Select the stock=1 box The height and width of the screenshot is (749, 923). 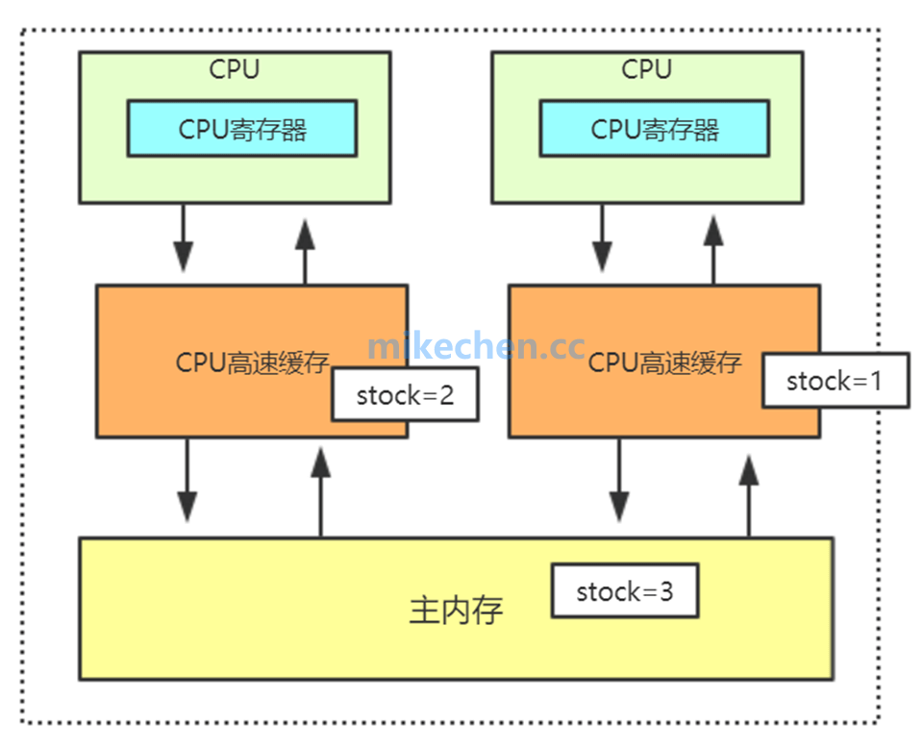[x=835, y=381]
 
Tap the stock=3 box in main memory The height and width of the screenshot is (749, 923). [x=624, y=591]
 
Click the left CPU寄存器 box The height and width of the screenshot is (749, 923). [x=242, y=129]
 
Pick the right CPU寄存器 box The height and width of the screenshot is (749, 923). [x=655, y=129]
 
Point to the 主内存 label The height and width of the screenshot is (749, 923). [x=456, y=611]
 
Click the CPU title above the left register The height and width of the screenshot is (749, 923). [x=235, y=69]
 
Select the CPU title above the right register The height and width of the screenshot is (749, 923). [x=647, y=69]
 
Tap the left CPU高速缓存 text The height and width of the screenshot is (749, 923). [x=253, y=362]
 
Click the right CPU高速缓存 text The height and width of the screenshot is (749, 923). [x=665, y=362]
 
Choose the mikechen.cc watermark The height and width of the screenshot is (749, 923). [x=477, y=344]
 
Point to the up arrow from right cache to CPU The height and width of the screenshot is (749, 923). [x=713, y=248]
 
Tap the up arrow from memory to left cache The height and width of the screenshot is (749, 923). [x=320, y=490]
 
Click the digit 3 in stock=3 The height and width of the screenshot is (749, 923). [x=665, y=591]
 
